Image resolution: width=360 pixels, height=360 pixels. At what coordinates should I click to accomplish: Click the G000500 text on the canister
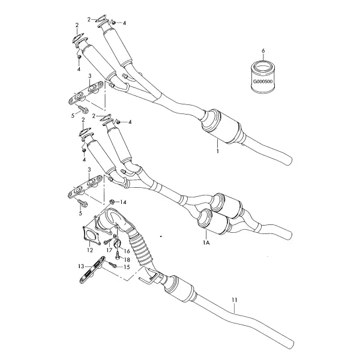tap(263, 81)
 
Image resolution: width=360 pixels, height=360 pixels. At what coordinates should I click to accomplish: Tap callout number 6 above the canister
tap(263, 51)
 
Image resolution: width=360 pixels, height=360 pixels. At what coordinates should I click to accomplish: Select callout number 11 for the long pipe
tap(234, 300)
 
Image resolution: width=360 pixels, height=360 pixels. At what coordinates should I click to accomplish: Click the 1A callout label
tap(206, 242)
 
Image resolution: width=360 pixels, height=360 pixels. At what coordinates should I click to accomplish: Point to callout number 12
tap(90, 250)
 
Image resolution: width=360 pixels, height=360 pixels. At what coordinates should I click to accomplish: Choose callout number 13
tap(81, 266)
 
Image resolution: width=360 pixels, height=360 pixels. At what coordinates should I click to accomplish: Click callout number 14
tap(123, 202)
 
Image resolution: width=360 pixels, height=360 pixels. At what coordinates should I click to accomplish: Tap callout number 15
tap(127, 267)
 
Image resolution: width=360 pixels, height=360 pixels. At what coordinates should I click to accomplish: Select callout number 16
tap(127, 251)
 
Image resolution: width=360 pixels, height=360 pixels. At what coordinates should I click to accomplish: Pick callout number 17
tap(109, 250)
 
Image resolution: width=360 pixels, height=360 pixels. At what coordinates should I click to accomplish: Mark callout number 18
tap(127, 260)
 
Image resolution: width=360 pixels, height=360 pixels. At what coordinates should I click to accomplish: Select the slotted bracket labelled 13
tap(92, 269)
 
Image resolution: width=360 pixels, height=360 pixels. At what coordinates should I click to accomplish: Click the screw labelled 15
tap(113, 265)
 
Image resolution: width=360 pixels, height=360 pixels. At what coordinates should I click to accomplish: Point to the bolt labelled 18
tap(117, 255)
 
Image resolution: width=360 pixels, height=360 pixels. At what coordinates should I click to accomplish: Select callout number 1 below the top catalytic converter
tap(217, 151)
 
